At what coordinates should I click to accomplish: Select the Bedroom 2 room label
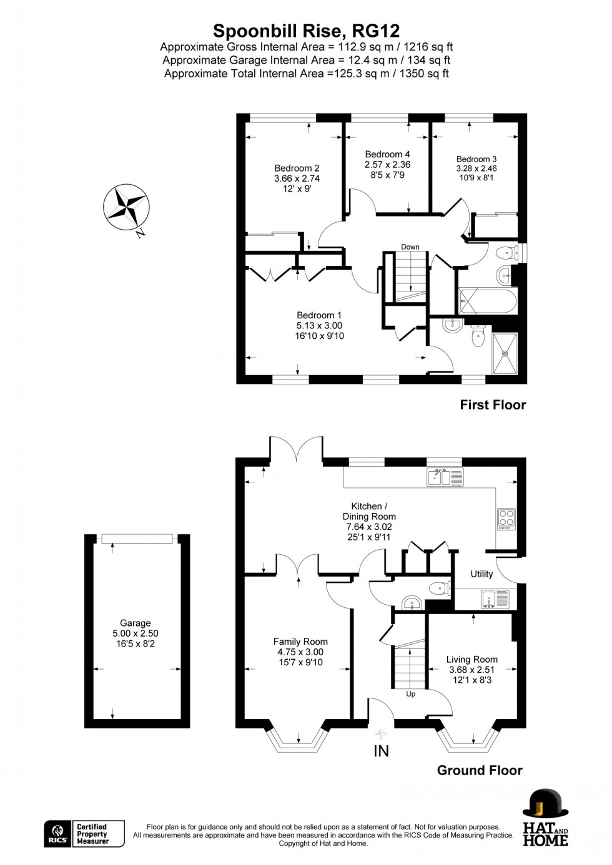pos(297,168)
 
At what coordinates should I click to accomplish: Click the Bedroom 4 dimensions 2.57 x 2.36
pos(387,165)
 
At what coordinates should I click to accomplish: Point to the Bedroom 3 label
pos(476,159)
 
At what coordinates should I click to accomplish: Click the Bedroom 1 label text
pos(319,315)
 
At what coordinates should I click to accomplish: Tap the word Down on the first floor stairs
pos(410,247)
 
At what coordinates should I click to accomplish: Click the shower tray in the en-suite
pos(505,353)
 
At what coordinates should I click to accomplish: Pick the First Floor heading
pos(493,404)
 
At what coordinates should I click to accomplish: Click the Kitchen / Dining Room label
pos(368,511)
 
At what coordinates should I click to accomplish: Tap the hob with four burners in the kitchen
pos(506,519)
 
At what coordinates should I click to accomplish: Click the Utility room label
pos(481,574)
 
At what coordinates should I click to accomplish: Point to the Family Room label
pos(300,642)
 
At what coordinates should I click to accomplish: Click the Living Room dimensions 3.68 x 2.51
pos(471,670)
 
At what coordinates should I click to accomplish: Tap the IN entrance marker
pos(381,751)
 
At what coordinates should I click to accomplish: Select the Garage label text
pos(136,623)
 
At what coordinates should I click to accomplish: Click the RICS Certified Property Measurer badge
pos(84,834)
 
